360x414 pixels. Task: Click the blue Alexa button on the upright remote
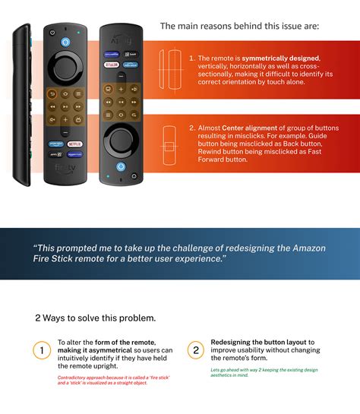coord(65,40)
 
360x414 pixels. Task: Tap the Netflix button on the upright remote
coord(74,143)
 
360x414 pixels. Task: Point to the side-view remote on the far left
coord(23,104)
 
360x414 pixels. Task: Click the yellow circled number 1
coord(42,350)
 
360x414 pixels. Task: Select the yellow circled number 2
coord(196,350)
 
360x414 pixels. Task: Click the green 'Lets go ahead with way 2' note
coord(264,373)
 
